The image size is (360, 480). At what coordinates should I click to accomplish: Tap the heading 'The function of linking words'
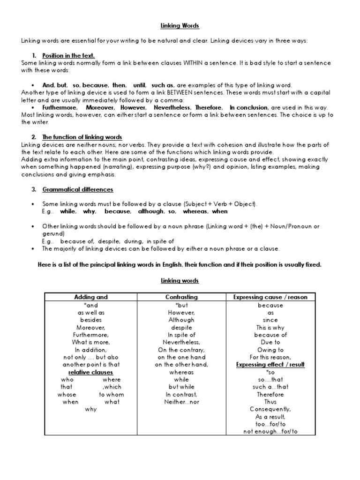point(82,137)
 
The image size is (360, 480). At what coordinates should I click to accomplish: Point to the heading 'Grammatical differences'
point(77,189)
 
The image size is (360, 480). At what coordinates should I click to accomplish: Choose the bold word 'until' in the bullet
point(140,85)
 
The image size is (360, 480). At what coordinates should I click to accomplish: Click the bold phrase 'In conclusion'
point(249,107)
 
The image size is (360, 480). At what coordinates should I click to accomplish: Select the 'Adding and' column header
point(91,297)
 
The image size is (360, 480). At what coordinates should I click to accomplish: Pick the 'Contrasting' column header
point(181,297)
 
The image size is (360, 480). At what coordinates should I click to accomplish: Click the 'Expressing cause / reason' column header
point(270,297)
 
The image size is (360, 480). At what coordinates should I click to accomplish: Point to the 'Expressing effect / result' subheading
point(270,365)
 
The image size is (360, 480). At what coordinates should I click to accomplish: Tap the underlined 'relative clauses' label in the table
point(91,372)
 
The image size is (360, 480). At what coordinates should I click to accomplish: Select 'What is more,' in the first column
point(91,343)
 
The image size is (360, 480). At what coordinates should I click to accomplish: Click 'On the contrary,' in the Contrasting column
point(181,350)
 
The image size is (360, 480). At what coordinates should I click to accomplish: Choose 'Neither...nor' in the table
point(181,402)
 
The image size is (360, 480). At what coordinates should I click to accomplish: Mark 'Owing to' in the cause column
point(270,350)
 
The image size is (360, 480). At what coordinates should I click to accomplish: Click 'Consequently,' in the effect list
point(270,409)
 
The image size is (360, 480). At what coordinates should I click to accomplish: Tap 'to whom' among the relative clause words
point(109,395)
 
